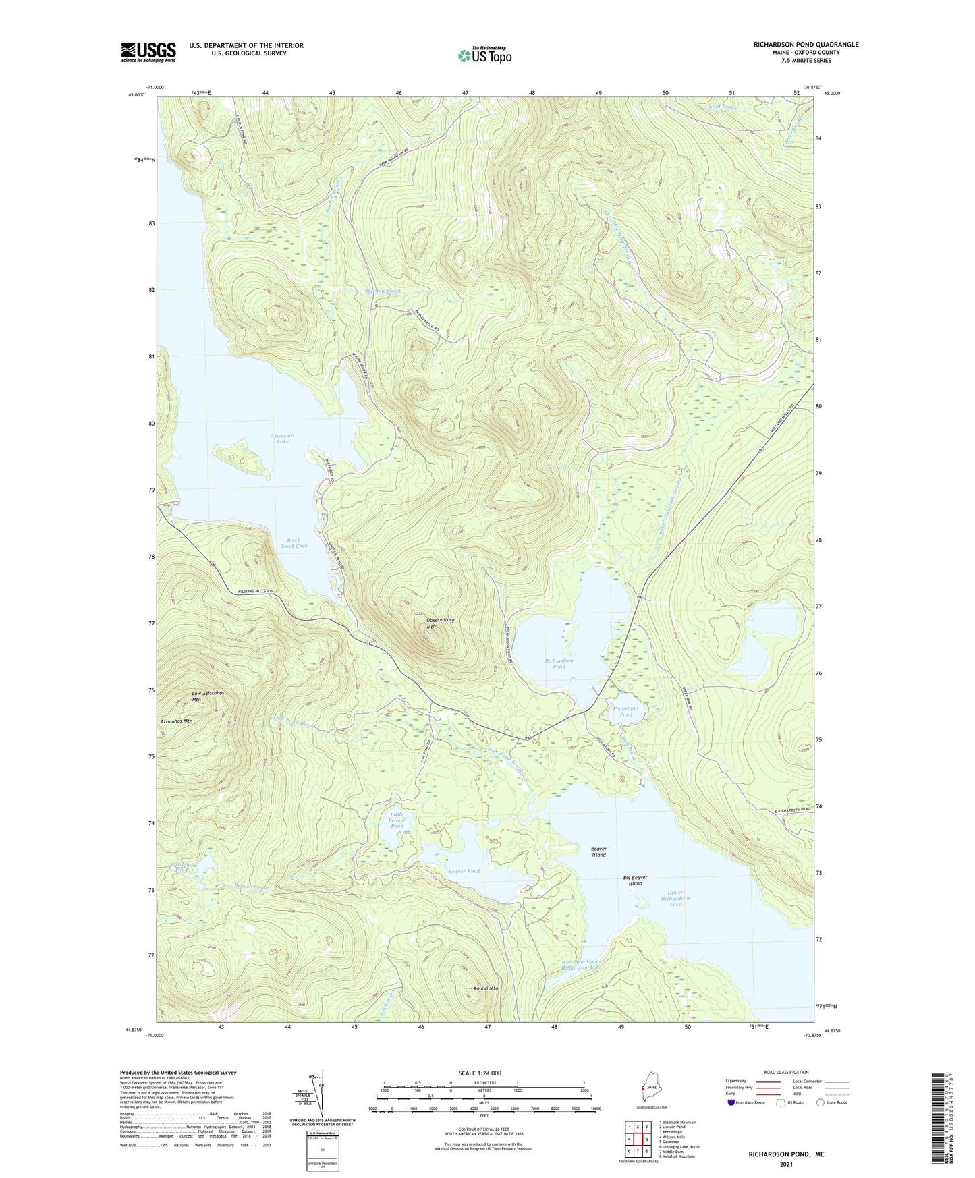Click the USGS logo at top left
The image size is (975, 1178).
148,52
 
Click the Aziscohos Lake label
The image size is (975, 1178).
282,439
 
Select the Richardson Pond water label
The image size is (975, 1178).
559,663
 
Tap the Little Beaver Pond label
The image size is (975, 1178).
397,820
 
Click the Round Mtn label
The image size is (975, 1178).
486,988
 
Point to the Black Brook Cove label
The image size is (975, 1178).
294,543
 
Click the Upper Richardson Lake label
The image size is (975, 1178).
675,898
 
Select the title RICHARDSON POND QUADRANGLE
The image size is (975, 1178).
806,45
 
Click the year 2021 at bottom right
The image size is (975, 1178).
786,1164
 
